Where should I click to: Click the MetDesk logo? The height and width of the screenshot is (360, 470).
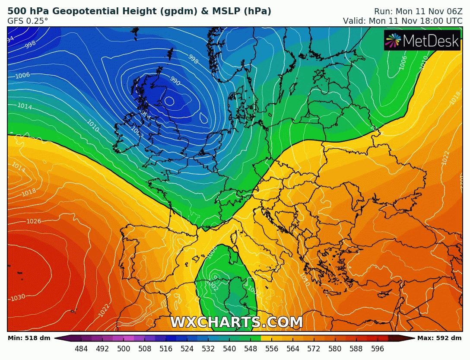point(422,40)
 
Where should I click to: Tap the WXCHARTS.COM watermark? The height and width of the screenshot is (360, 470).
point(236,322)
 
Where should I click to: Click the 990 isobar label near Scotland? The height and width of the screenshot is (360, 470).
point(175,81)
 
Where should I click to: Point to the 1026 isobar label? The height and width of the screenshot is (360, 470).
point(33,222)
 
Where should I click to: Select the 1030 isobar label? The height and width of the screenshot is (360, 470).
point(18,298)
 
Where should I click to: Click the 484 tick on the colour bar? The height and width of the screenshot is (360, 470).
point(81,349)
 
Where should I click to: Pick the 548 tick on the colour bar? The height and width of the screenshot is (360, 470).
point(250,349)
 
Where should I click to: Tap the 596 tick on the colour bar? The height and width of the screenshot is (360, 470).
point(377,349)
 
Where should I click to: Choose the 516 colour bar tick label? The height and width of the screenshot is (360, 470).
point(165,349)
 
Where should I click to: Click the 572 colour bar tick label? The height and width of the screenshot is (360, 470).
point(314,349)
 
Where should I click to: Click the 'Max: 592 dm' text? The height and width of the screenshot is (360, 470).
point(439,338)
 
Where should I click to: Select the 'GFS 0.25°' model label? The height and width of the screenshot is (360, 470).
point(28,20)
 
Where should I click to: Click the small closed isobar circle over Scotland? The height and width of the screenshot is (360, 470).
point(169,102)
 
